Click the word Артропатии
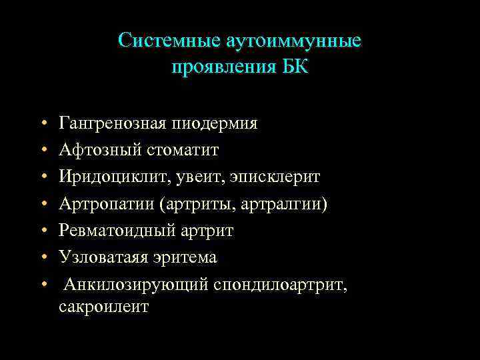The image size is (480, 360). [106, 204]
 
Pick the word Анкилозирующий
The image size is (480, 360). [136, 285]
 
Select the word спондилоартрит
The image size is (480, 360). [280, 285]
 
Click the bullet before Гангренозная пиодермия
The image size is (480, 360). [42, 125]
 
